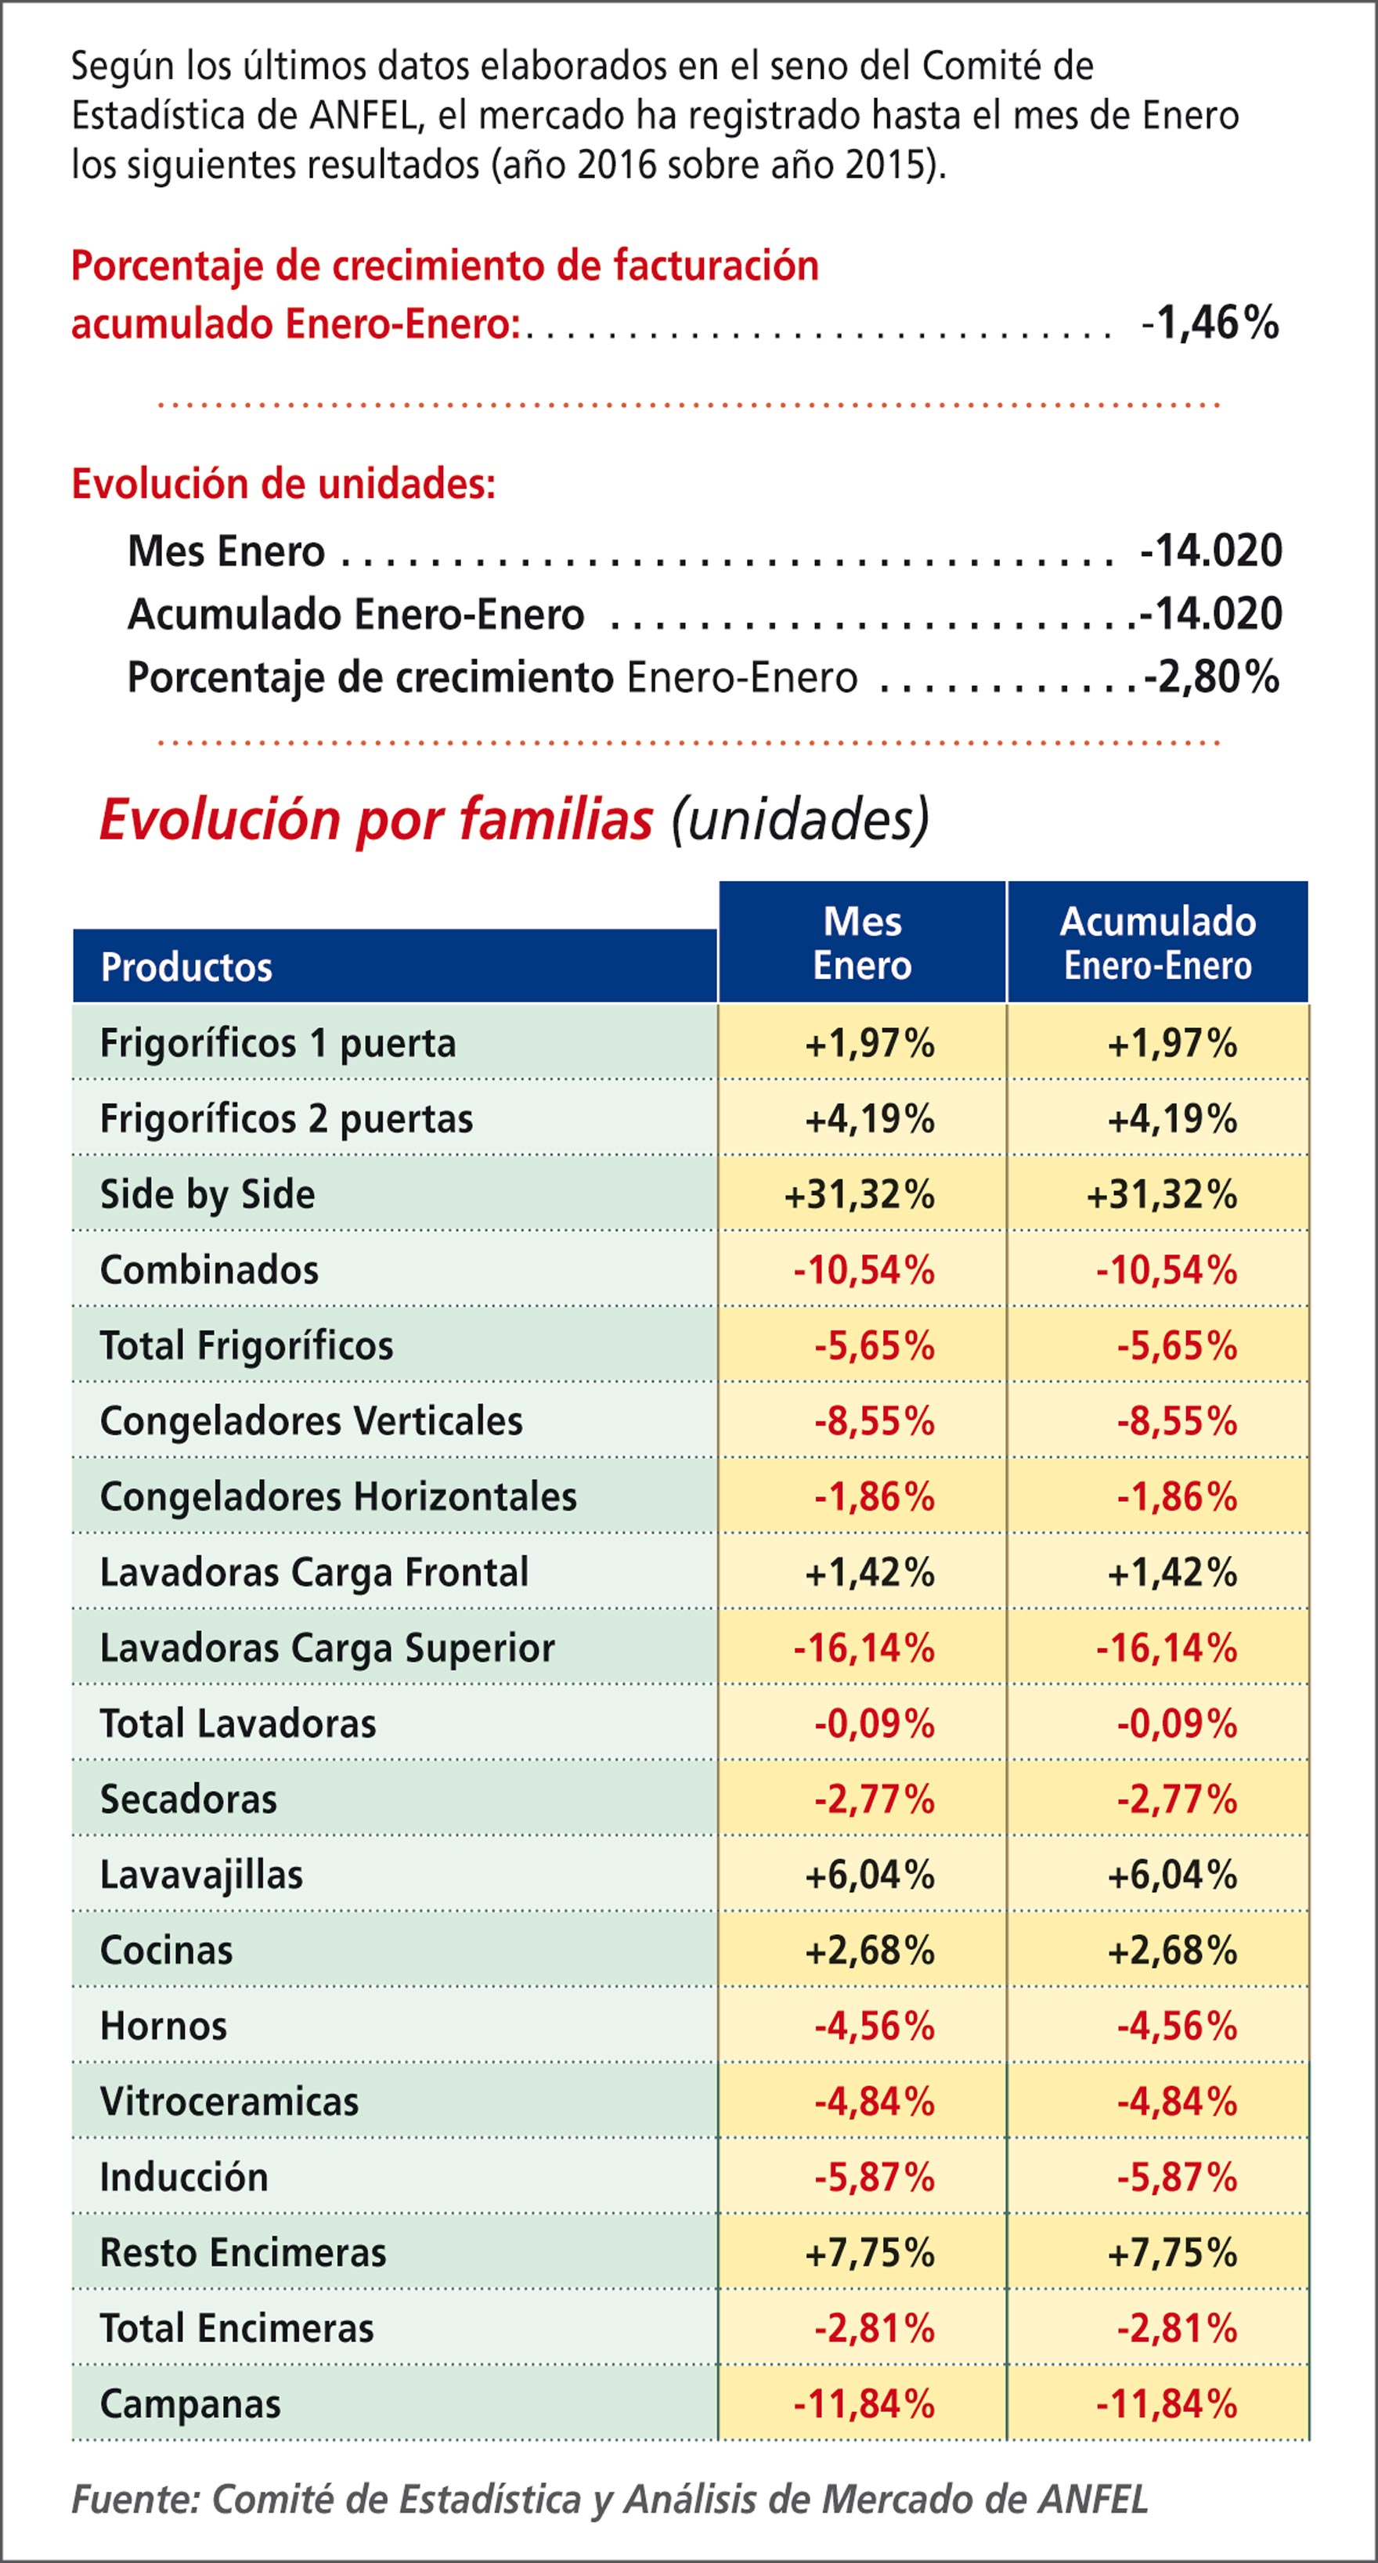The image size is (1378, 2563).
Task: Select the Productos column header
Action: click(186, 967)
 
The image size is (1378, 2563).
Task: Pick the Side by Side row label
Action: click(207, 1194)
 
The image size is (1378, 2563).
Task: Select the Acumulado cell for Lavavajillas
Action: click(1172, 1875)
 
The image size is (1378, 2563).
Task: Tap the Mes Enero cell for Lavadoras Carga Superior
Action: click(864, 1648)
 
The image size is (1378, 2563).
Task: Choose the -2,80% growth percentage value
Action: click(1211, 677)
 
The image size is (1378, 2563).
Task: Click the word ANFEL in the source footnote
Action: click(1091, 2498)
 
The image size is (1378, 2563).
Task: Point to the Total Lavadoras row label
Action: click(238, 1724)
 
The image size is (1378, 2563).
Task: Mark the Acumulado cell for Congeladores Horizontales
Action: click(1176, 1496)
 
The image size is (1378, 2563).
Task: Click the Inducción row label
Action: click(184, 2176)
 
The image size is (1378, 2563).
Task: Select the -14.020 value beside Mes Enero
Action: click(1211, 551)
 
